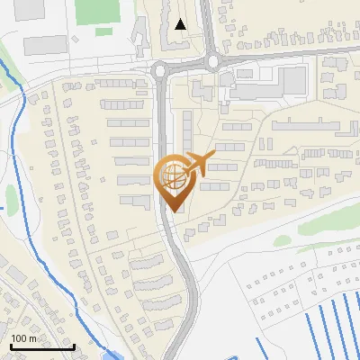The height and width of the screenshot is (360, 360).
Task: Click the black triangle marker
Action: click(x=182, y=24)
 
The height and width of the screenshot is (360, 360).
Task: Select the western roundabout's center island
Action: click(x=160, y=69)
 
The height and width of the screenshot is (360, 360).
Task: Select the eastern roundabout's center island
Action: click(x=213, y=62)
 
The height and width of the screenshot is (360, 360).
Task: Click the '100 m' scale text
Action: click(x=23, y=338)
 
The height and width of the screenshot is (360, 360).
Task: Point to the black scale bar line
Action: click(x=42, y=346)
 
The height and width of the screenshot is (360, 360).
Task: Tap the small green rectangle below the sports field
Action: click(x=104, y=31)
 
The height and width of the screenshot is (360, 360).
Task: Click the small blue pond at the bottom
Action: click(x=110, y=355)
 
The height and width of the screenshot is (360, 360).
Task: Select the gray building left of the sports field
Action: click(x=45, y=44)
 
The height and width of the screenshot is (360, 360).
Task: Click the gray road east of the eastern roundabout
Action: click(x=288, y=58)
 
